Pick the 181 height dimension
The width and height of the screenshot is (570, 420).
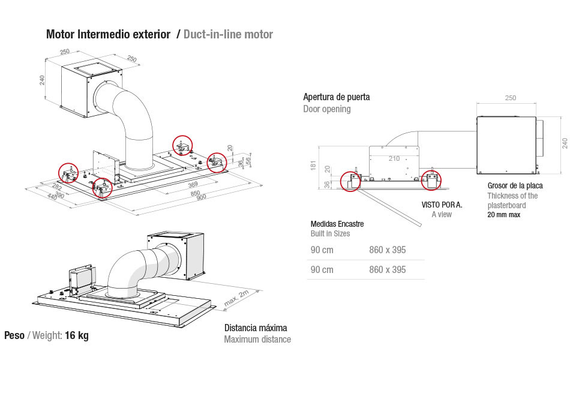coord(313,165)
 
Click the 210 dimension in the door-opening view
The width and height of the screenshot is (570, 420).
coord(393,158)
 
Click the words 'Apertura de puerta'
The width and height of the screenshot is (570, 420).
coord(337,97)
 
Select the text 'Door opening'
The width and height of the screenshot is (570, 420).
coord(327,109)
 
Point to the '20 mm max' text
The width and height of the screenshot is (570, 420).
coord(503,215)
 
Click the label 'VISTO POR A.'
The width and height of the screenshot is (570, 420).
coord(441,205)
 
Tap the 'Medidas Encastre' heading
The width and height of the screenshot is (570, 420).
coord(337,224)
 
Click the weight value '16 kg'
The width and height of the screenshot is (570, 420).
coord(77,335)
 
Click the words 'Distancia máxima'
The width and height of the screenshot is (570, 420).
coord(256,328)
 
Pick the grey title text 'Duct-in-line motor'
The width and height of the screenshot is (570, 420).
coord(228,34)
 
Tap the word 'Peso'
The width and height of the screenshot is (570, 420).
coord(14,335)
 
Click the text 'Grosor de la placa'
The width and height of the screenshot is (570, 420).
coord(515,185)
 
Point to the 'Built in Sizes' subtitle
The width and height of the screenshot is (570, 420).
coord(330,233)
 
